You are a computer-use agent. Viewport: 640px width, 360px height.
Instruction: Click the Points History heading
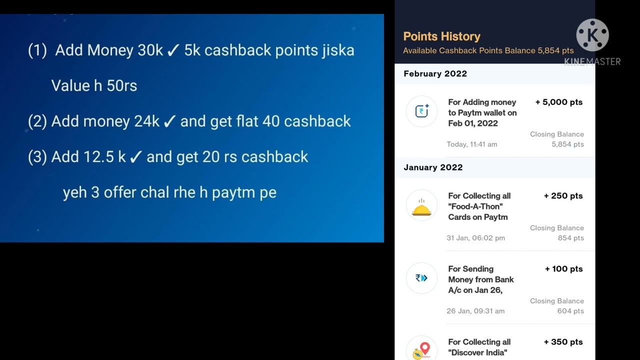[441, 36]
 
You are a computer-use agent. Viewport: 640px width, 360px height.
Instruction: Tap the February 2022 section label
[435, 73]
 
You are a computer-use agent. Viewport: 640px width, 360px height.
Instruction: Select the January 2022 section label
[433, 167]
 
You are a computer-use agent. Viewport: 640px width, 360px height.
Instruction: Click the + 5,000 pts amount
[558, 102]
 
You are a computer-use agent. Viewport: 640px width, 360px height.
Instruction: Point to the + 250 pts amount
[563, 196]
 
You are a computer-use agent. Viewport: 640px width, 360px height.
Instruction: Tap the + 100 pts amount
[563, 269]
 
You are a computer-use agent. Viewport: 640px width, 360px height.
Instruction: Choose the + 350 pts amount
[563, 342]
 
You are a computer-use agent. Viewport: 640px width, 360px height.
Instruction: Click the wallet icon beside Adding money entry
[422, 111]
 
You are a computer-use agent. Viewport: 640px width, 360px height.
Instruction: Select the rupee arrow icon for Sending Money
[421, 278]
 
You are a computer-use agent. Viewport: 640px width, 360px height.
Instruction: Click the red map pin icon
[424, 348]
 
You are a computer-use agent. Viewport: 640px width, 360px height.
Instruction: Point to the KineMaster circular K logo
[592, 35]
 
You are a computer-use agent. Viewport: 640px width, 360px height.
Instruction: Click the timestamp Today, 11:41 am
[472, 144]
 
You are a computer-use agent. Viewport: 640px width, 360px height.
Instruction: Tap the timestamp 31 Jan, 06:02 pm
[475, 238]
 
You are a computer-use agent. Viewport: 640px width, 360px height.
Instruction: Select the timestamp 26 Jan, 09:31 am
[475, 311]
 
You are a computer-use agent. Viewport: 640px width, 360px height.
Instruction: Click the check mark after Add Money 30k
[173, 50]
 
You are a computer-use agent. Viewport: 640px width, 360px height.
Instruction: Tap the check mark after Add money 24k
[169, 121]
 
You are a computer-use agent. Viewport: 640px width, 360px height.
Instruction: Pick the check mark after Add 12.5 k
[135, 157]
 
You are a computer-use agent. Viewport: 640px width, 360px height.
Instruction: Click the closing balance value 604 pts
[570, 311]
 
